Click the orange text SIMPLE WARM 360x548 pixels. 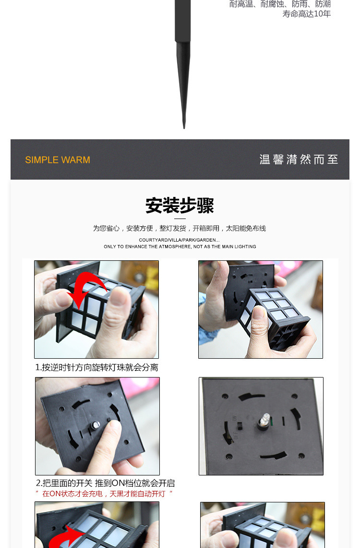coord(58,160)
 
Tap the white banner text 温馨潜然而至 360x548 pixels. coord(299,159)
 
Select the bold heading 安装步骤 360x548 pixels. coord(180,206)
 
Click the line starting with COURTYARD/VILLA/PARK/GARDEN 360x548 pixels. coord(179,240)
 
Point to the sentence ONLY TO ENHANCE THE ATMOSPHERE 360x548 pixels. coord(180,246)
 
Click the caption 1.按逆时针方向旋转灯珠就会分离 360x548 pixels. coord(97,367)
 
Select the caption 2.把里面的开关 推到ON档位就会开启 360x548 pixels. coord(105,483)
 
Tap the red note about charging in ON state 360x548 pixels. coord(104,494)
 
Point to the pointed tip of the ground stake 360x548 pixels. coord(184,128)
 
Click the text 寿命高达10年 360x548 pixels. coord(307,13)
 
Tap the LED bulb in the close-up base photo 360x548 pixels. coord(265,418)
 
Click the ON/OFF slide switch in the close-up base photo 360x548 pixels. coord(240,426)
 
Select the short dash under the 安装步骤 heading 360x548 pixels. coord(180,219)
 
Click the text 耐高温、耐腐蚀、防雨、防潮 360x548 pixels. coord(280,4)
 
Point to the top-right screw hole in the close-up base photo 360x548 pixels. coord(294,396)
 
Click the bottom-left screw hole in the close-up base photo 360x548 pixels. coord(229,456)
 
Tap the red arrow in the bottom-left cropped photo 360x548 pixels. coord(66,536)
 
